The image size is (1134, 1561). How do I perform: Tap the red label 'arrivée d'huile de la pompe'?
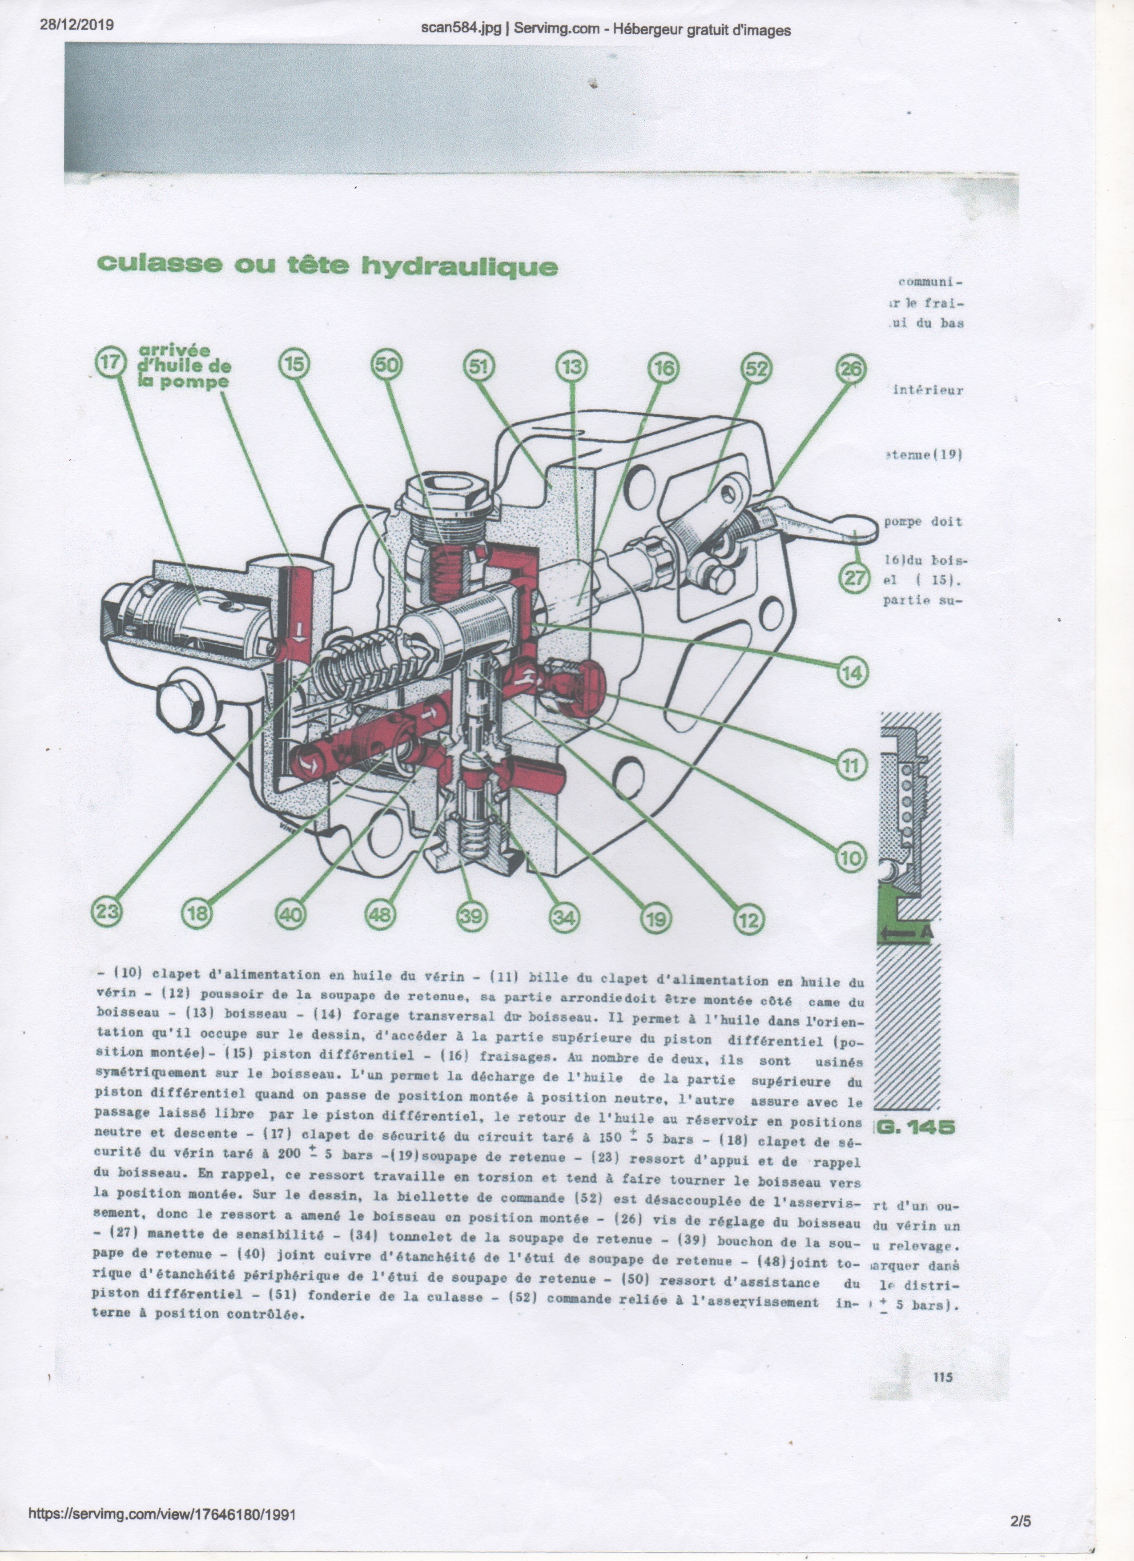pyautogui.click(x=185, y=367)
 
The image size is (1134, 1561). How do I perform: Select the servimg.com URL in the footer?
pyautogui.click(x=162, y=1509)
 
